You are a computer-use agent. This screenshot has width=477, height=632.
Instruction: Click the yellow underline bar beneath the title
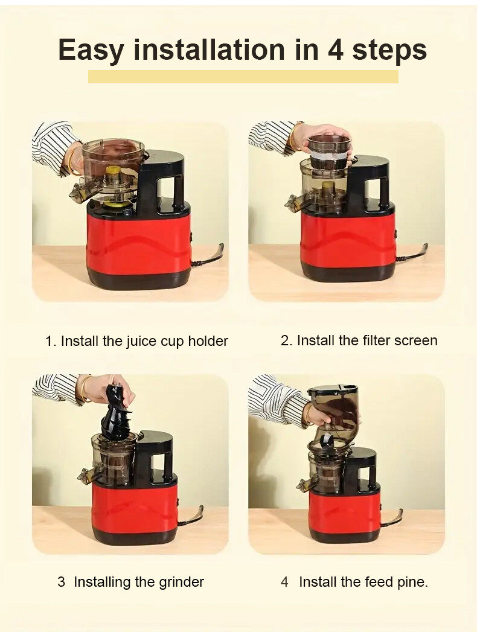tap(243, 77)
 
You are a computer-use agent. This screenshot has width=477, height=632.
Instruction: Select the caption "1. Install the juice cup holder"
tap(136, 341)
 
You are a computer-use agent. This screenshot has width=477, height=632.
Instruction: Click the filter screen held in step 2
tap(329, 152)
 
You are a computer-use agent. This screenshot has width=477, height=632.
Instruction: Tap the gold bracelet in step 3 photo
tap(86, 389)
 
